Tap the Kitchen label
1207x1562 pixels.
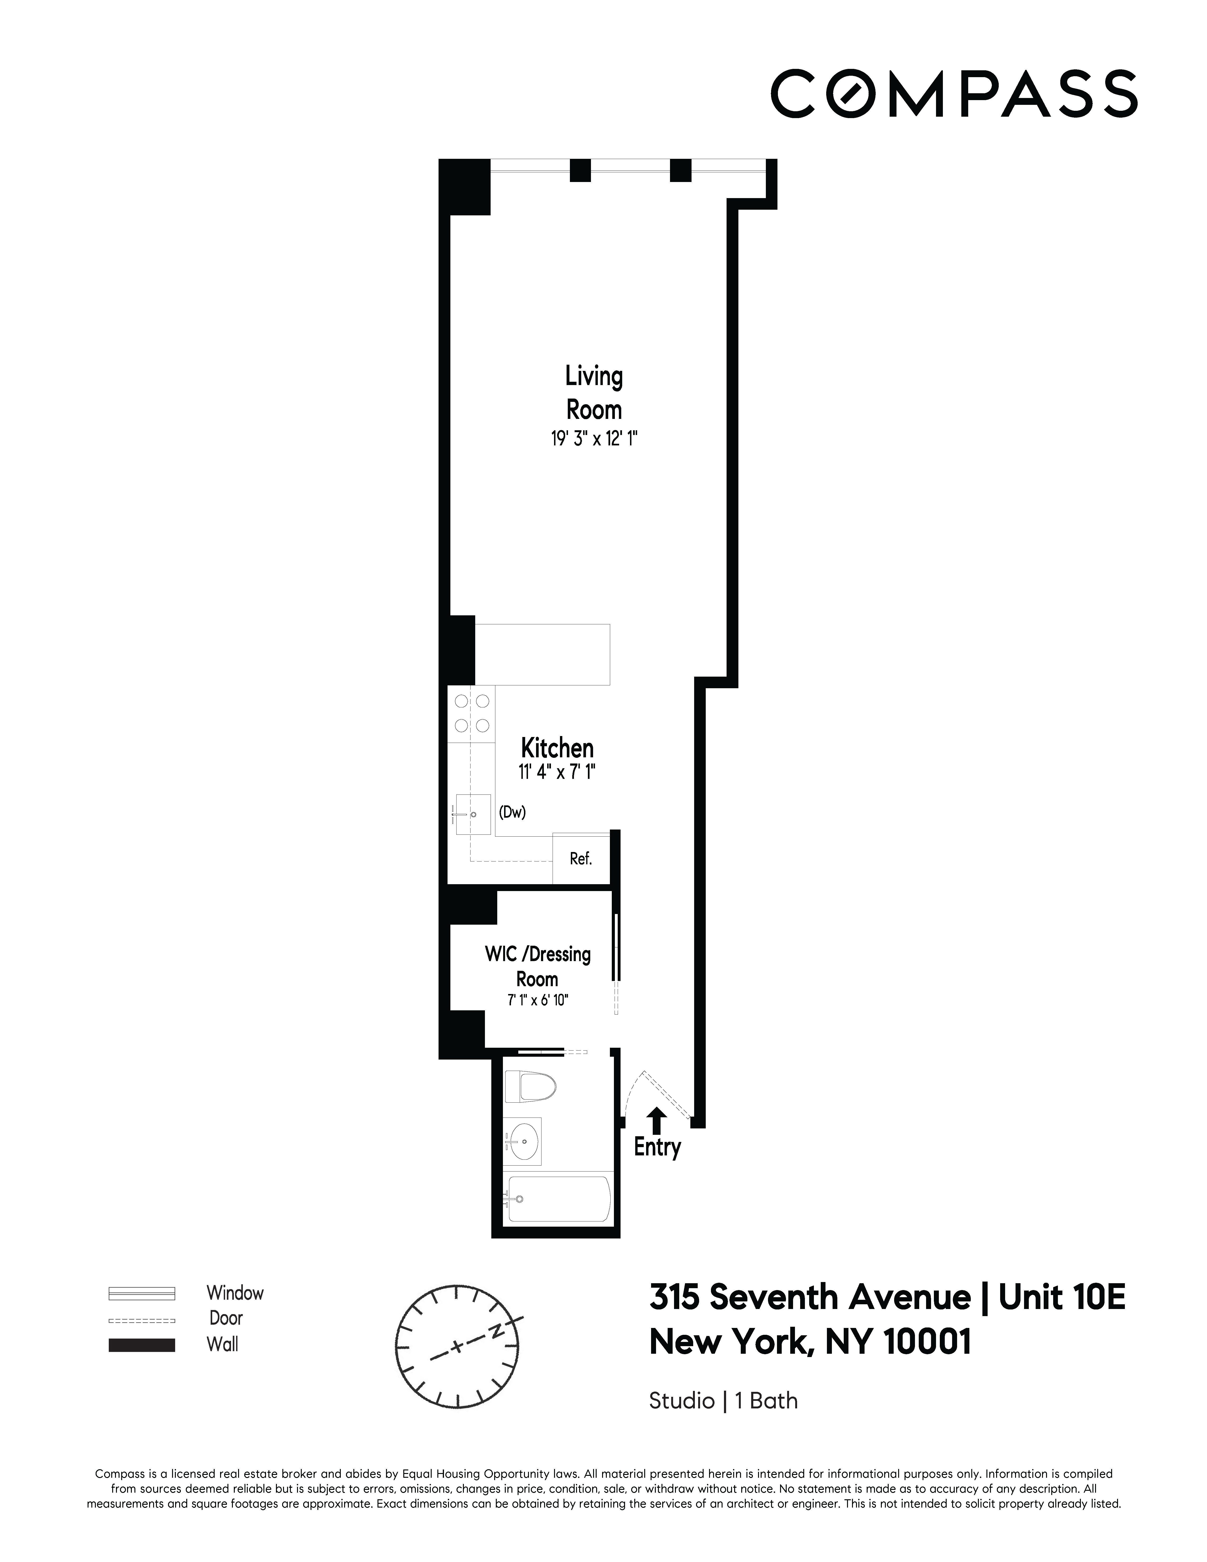pyautogui.click(x=557, y=748)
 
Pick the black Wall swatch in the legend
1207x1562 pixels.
pyautogui.click(x=142, y=1345)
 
